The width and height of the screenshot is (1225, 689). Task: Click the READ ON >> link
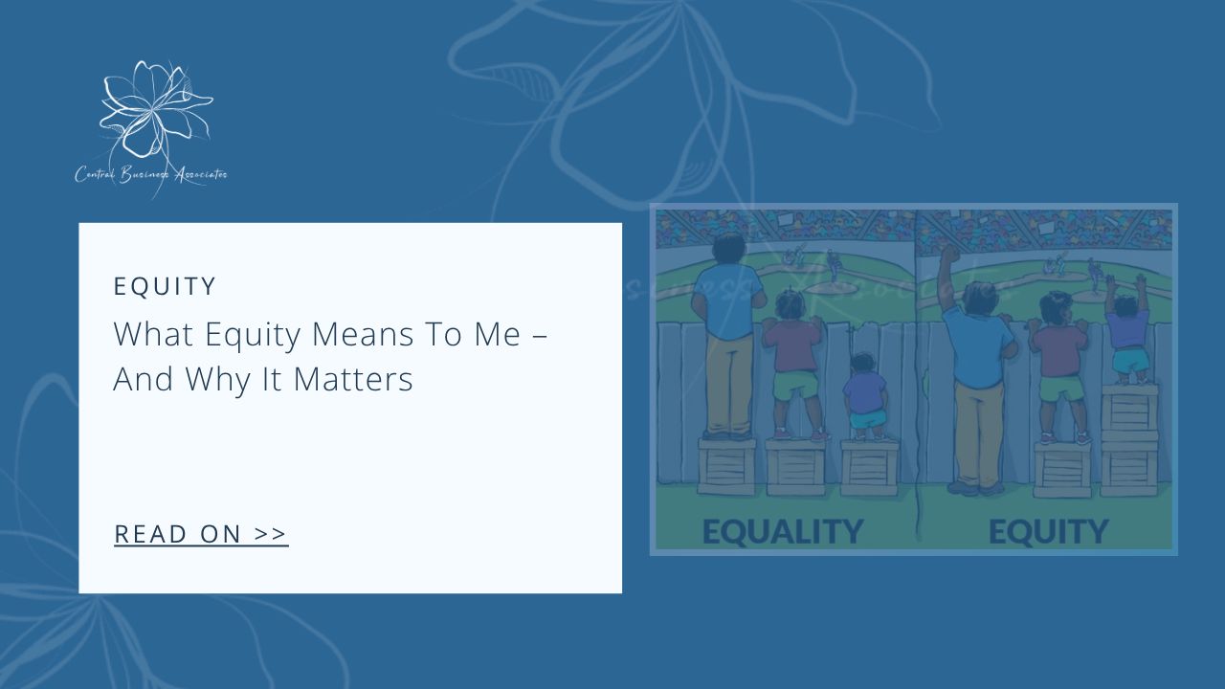[201, 534]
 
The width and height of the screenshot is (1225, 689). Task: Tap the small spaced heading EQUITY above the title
[165, 286]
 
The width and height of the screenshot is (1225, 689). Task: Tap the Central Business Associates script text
[151, 175]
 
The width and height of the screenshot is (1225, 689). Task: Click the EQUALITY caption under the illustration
[782, 531]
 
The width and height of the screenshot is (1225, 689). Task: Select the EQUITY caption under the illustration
[1048, 531]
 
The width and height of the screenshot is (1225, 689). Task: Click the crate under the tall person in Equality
[726, 466]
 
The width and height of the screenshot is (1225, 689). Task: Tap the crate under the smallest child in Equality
[868, 467]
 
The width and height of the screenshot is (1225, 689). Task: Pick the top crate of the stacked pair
[1129, 409]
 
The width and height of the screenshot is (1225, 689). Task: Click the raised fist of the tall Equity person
[948, 256]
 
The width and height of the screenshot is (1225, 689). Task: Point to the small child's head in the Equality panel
[863, 364]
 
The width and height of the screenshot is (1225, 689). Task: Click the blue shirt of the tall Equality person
[726, 301]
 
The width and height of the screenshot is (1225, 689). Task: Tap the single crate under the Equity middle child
[1061, 469]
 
